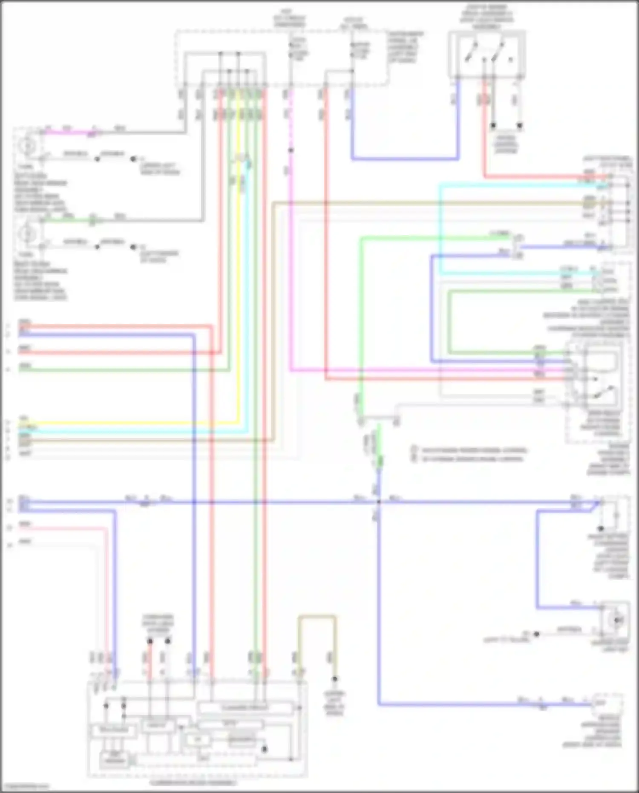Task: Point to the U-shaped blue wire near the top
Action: coord(405,159)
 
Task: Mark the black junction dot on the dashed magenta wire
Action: coord(291,150)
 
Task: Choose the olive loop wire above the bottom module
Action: coord(317,617)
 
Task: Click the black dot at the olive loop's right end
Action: coord(335,679)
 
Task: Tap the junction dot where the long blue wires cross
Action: coord(378,502)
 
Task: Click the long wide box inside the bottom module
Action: coord(245,708)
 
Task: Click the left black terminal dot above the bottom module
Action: coord(150,641)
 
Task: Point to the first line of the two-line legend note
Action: coord(473,450)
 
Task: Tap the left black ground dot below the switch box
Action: coord(493,126)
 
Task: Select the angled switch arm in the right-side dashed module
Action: coord(605,392)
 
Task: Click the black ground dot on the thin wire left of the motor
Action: coord(537,634)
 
